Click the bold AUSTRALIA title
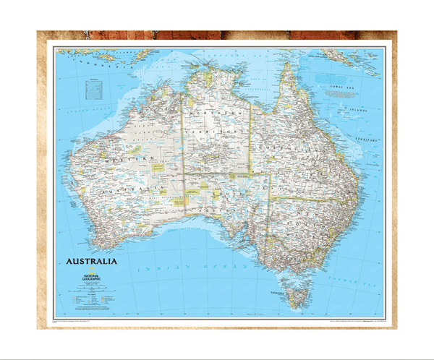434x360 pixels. [x=92, y=262]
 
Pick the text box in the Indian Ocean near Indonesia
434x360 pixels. [x=92, y=89]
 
